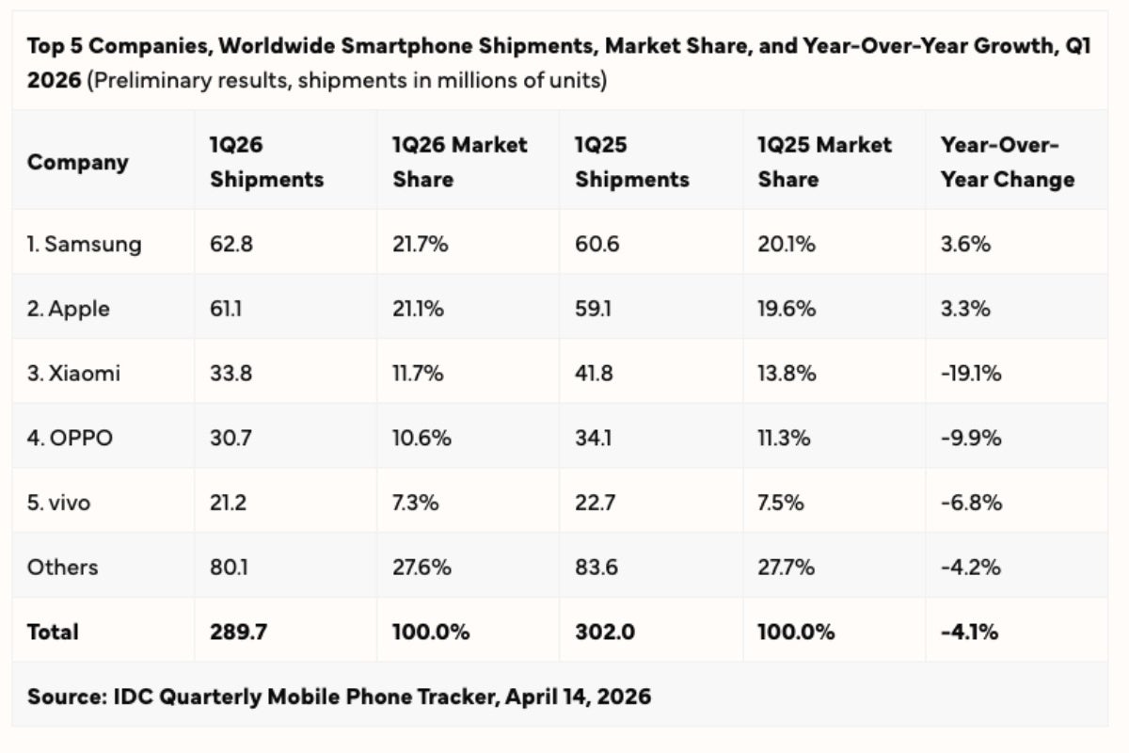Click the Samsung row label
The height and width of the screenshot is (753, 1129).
click(x=84, y=244)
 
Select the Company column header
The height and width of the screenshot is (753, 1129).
click(x=77, y=162)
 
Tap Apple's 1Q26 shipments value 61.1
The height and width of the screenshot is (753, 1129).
click(x=228, y=309)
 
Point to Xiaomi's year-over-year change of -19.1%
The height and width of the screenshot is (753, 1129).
click(x=971, y=374)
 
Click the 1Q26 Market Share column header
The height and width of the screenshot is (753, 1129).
click(x=460, y=162)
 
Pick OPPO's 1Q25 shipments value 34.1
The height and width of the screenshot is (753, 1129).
click(x=593, y=438)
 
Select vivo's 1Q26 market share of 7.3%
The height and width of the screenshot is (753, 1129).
click(x=415, y=503)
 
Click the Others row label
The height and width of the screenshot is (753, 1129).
click(x=62, y=567)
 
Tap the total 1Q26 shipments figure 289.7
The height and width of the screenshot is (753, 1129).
click(x=238, y=632)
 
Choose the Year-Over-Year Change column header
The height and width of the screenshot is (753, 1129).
click(x=1007, y=162)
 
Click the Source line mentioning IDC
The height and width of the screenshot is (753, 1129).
click(x=339, y=697)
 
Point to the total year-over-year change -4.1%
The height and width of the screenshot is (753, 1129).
click(x=969, y=632)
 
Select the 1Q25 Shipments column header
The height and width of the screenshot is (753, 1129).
click(x=631, y=162)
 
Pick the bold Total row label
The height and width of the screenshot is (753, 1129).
click(x=53, y=632)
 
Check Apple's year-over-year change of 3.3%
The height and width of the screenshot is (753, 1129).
click(x=965, y=309)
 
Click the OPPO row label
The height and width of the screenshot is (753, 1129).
click(x=70, y=438)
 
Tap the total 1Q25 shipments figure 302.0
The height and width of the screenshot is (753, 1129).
click(x=604, y=632)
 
